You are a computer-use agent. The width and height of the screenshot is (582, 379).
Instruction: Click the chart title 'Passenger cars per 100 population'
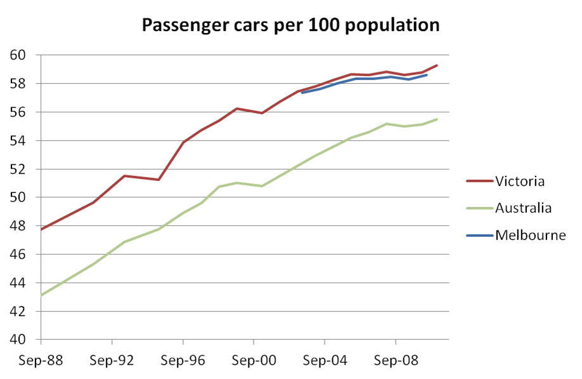pos(290,25)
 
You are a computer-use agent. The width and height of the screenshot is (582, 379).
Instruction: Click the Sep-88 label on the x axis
pos(41,361)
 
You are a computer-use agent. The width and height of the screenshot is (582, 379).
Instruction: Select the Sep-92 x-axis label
pos(112,361)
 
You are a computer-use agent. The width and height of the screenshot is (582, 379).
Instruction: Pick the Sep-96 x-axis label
pos(183,361)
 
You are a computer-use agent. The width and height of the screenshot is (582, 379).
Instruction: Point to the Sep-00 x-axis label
pos(254,361)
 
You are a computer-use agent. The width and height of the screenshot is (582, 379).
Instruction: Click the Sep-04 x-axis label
pos(325,361)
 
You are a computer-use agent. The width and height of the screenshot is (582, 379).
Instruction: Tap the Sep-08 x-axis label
pos(396,361)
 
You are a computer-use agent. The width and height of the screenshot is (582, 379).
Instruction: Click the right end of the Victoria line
pos(437,65)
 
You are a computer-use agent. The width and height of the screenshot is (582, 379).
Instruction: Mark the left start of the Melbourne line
pos(302,93)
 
